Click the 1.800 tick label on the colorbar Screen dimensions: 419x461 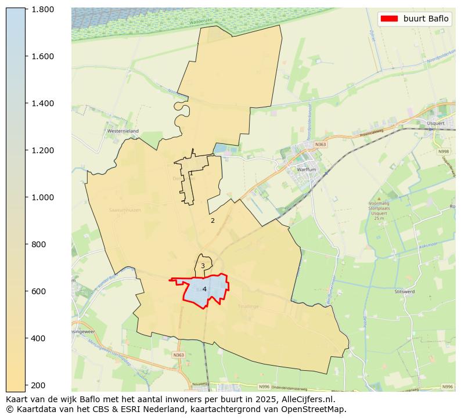click(x=43, y=9)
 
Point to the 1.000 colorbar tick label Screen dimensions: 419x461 click(x=43, y=197)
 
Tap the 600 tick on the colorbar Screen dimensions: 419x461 click(x=40, y=291)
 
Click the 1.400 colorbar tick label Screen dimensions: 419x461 click(x=43, y=103)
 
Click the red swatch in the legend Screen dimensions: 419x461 click(x=388, y=19)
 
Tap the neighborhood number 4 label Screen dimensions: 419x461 click(x=204, y=289)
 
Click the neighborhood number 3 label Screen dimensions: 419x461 click(x=203, y=266)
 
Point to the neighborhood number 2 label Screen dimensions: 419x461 click(x=213, y=221)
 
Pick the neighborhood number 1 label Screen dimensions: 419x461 click(x=191, y=173)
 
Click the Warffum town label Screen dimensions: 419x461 click(x=307, y=169)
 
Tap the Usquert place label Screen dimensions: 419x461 click(x=435, y=123)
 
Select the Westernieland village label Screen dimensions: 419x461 click(x=123, y=131)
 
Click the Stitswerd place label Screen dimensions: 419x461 click(x=405, y=291)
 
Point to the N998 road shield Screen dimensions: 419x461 click(x=444, y=151)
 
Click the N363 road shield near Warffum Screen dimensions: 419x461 click(x=321, y=145)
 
